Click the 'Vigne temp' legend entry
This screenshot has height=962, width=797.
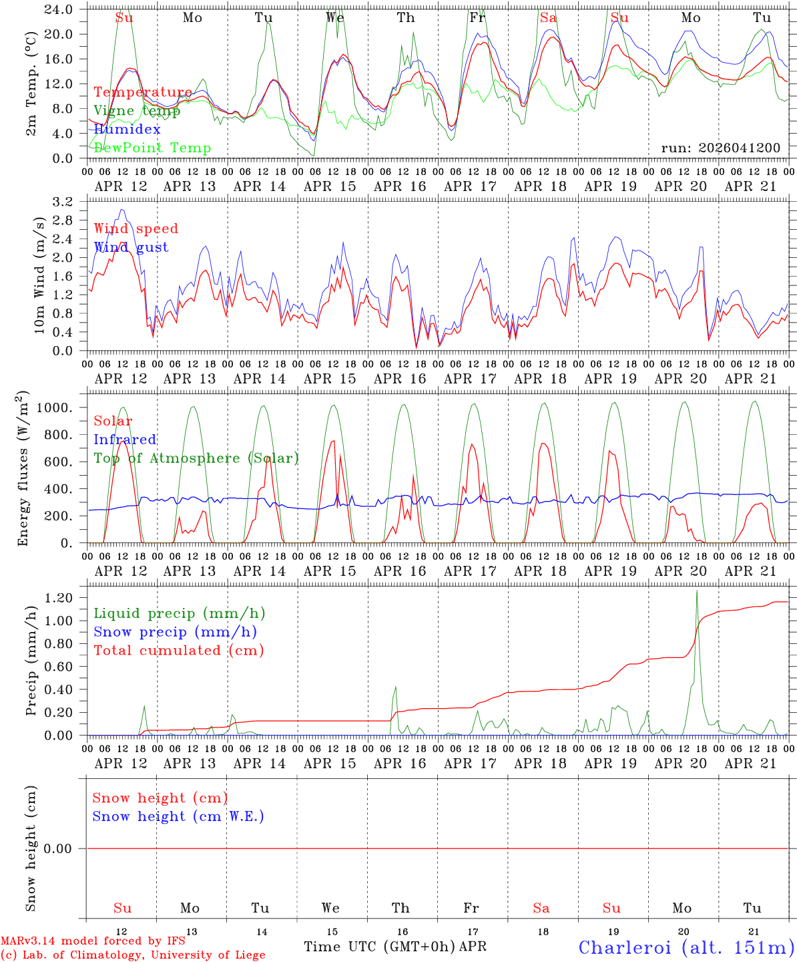pyautogui.click(x=137, y=111)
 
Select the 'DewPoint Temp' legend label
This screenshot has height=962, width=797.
pyautogui.click(x=152, y=148)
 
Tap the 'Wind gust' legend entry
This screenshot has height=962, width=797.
pyautogui.click(x=131, y=247)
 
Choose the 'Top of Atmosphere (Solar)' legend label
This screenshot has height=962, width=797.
pyautogui.click(x=196, y=458)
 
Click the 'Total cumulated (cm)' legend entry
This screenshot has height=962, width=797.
pyautogui.click(x=178, y=650)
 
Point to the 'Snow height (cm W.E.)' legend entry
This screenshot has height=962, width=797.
pyautogui.click(x=178, y=816)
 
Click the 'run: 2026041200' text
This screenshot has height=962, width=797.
pyautogui.click(x=721, y=148)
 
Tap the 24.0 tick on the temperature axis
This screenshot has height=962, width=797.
pyautogui.click(x=60, y=9)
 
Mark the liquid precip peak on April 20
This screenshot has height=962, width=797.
pyautogui.click(x=697, y=591)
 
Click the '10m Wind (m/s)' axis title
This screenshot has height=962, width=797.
pyautogui.click(x=39, y=275)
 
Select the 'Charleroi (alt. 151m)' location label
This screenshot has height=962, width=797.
pyautogui.click(x=686, y=947)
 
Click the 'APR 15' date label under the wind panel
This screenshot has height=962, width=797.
pyautogui.click(x=330, y=379)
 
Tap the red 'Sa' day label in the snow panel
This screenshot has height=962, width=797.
pyautogui.click(x=541, y=908)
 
